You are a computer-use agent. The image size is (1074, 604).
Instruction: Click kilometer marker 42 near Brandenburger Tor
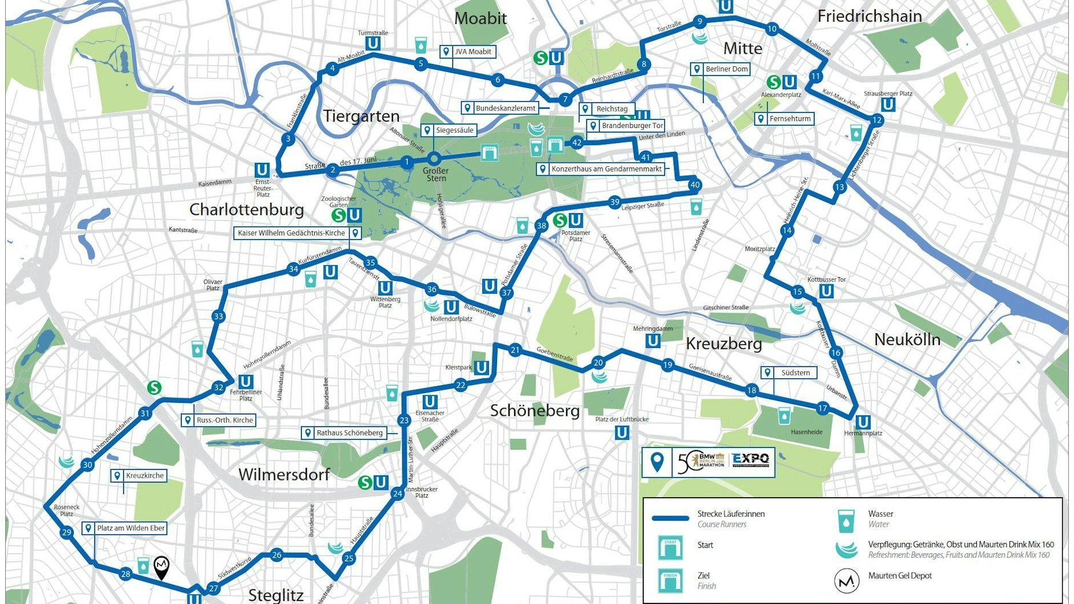[x=576, y=143]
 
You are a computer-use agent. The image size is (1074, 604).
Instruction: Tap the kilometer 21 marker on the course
[x=515, y=350]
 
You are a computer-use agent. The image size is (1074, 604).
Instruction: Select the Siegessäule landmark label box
[x=450, y=130]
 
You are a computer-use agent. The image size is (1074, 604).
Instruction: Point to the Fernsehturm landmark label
[x=784, y=119]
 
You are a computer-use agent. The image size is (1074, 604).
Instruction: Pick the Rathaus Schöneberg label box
[x=344, y=433]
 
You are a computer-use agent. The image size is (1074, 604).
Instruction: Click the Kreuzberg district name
[x=723, y=343]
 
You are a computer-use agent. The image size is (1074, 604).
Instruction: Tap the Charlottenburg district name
[x=246, y=209]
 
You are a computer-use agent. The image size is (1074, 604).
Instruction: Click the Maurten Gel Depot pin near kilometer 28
[x=162, y=566]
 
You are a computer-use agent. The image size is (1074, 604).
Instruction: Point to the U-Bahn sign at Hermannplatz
[x=863, y=422]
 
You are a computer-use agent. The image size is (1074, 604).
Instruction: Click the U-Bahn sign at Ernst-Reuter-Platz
[x=262, y=170]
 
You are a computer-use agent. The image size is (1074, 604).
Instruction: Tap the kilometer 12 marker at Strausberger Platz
[x=876, y=120]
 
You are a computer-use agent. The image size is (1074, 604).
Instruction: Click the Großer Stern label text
[x=436, y=174]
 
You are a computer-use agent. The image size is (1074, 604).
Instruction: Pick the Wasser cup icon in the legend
[x=846, y=521]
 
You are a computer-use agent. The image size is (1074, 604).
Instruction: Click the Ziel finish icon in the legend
[x=670, y=581]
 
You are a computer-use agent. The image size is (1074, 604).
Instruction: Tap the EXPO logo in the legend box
[x=751, y=459]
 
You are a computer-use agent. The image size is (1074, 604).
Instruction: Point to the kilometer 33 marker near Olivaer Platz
[x=218, y=317]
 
